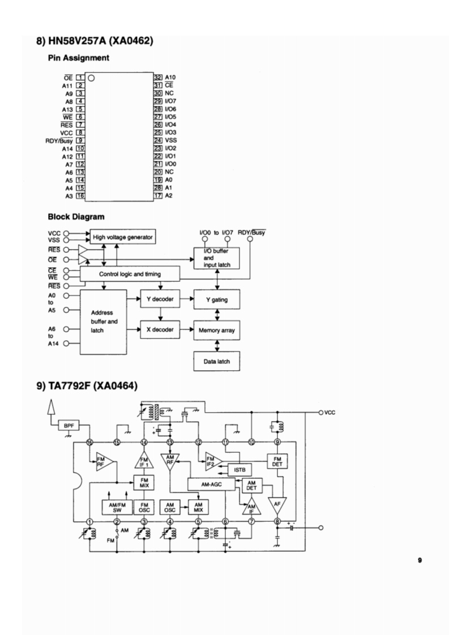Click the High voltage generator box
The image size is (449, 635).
click(x=122, y=237)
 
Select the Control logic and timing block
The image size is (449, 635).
click(x=130, y=274)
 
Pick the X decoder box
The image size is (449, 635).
click(x=160, y=329)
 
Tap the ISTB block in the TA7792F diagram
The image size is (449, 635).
click(x=240, y=469)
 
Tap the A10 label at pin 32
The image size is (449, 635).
click(x=170, y=77)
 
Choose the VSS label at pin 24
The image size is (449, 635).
click(x=171, y=140)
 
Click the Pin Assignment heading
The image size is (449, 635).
click(x=78, y=58)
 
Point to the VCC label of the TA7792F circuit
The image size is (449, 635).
click(x=330, y=413)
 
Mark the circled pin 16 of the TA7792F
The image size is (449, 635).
click(x=89, y=443)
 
